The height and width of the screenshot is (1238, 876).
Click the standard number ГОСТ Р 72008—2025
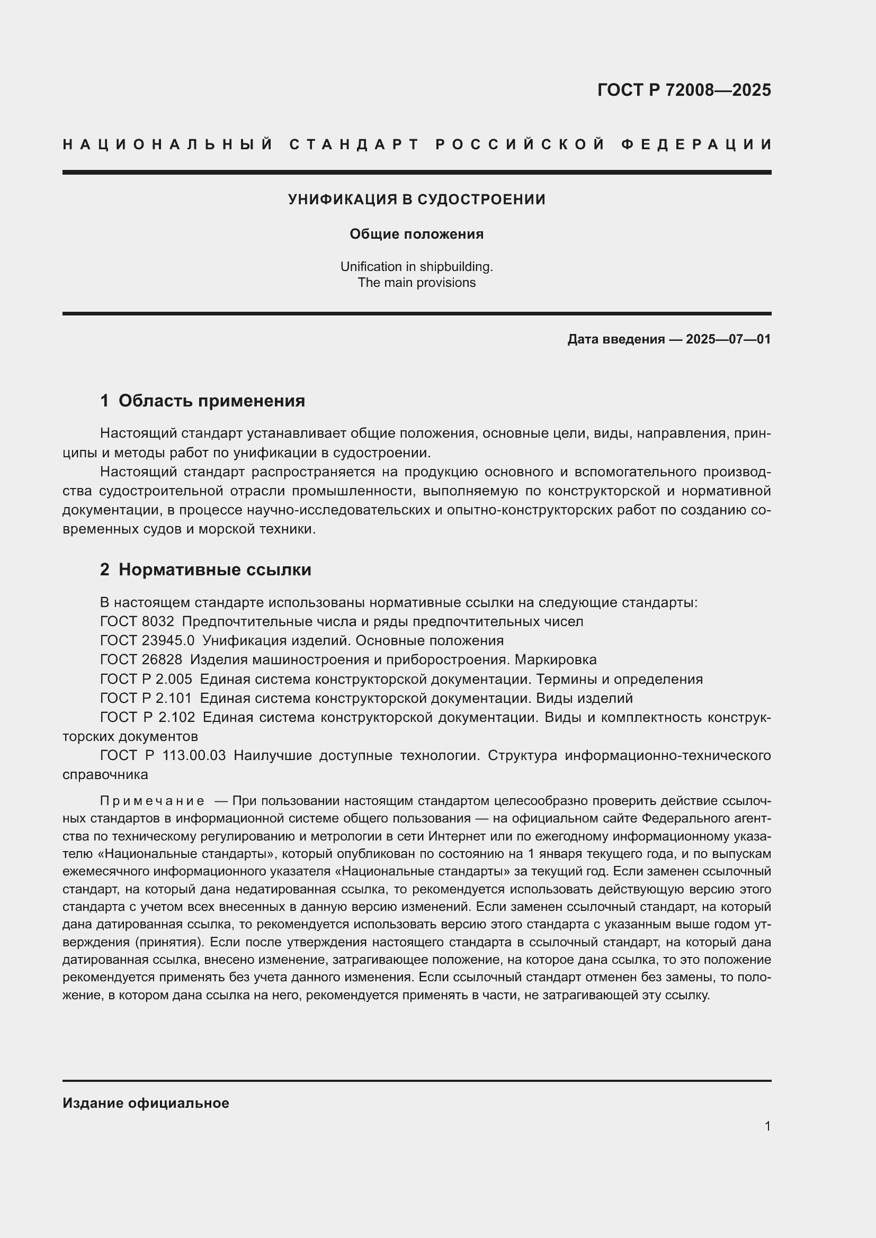pyautogui.click(x=684, y=89)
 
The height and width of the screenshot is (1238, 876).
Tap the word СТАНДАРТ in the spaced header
pyautogui.click(x=354, y=144)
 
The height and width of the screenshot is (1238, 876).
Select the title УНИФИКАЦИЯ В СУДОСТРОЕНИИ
pyautogui.click(x=416, y=200)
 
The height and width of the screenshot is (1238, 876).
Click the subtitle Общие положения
pyautogui.click(x=416, y=234)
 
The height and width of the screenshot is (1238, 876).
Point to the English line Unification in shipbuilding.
pyautogui.click(x=416, y=266)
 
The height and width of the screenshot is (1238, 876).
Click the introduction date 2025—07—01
pyautogui.click(x=728, y=339)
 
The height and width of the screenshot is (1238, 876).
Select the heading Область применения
pyautogui.click(x=211, y=401)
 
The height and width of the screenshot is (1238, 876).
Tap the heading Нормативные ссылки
pyautogui.click(x=214, y=570)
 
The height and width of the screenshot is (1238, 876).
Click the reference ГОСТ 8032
pyautogui.click(x=137, y=622)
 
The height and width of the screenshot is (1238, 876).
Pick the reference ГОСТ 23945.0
pyautogui.click(x=147, y=640)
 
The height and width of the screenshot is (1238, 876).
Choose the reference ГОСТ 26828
pyautogui.click(x=141, y=659)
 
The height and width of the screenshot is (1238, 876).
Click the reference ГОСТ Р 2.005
pyautogui.click(x=146, y=679)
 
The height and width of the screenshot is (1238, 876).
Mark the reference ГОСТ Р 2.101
pyautogui.click(x=146, y=698)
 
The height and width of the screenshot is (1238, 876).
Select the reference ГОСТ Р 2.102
pyautogui.click(x=148, y=717)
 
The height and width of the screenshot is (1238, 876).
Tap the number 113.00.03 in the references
pyautogui.click(x=194, y=755)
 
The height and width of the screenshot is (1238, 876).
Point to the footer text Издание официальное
pyautogui.click(x=146, y=1103)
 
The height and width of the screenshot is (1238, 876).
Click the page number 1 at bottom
pyautogui.click(x=767, y=1126)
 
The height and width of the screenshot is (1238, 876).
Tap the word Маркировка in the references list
pyautogui.click(x=556, y=659)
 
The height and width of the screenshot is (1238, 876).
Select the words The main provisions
pyautogui.click(x=416, y=283)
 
